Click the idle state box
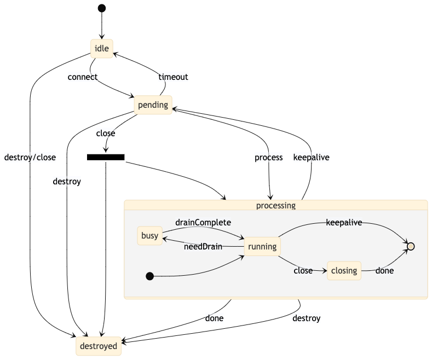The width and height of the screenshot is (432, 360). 102,48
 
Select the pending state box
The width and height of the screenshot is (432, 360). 153,105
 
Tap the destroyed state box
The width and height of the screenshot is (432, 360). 99,346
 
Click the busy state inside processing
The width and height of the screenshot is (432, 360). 149,236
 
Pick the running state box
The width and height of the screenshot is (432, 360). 262,247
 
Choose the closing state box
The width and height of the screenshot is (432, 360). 344,270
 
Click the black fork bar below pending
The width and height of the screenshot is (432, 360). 106,158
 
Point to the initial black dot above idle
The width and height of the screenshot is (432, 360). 101,8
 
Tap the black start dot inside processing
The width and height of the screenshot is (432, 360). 149,276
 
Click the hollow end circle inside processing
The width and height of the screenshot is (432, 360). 411,247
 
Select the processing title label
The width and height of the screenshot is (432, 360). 275,206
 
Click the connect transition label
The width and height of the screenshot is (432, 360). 83,77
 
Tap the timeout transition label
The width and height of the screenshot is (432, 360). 173,77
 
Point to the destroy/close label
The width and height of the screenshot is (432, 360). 30,158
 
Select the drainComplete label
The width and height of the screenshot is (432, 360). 203,223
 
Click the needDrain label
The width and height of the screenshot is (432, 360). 203,247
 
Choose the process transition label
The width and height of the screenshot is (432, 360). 269,158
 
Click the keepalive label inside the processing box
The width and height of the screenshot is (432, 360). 344,223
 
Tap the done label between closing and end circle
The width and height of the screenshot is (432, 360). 384,270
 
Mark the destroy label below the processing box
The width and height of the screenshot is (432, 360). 306,318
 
